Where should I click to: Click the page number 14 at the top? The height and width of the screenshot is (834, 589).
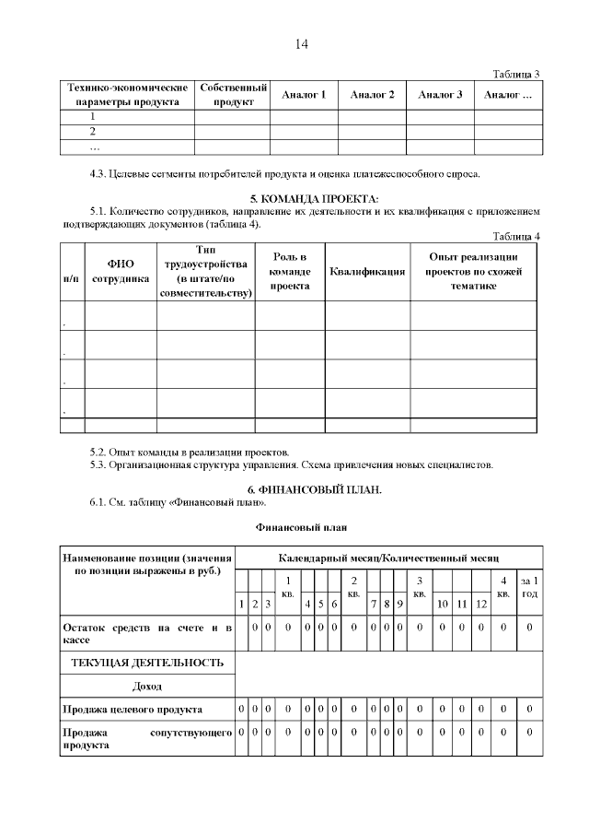tap(302, 44)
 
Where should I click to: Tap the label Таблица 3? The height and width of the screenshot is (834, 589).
tap(515, 74)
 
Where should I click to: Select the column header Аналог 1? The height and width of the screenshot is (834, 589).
tap(304, 95)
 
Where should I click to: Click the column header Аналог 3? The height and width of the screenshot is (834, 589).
tap(440, 95)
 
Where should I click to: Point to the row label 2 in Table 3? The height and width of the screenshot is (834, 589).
tap(93, 132)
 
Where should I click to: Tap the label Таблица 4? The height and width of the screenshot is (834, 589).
tap(515, 236)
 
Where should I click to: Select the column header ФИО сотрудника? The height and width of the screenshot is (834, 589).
tap(121, 271)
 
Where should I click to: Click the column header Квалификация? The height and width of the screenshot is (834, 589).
tap(367, 272)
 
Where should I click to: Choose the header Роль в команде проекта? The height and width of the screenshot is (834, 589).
tap(289, 271)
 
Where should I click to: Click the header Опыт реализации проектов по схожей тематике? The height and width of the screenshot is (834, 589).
tap(474, 271)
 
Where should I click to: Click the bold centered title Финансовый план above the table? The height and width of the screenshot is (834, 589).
tap(301, 526)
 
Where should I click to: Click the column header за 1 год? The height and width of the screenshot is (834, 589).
tap(529, 587)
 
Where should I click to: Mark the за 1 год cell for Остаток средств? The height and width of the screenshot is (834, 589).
tap(529, 627)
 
